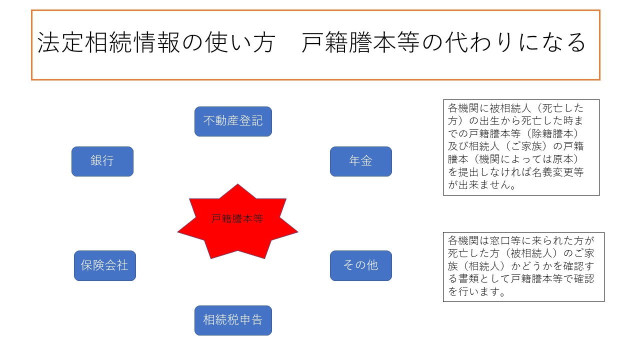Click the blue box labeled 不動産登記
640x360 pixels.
tap(233, 121)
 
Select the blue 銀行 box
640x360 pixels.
tap(102, 161)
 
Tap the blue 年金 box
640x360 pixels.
tap(361, 161)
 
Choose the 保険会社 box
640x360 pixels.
tap(105, 265)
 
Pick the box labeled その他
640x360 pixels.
tap(361, 265)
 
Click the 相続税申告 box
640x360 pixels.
tap(233, 320)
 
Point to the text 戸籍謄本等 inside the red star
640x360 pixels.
tap(237, 219)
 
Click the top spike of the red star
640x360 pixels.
tap(237, 184)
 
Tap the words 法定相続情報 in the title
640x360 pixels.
tap(108, 42)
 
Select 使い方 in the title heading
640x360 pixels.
tap(240, 42)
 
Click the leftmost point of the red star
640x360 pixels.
tap(177, 231)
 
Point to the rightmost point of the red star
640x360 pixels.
tap(297, 231)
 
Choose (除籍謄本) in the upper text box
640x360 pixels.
tap(552, 133)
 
